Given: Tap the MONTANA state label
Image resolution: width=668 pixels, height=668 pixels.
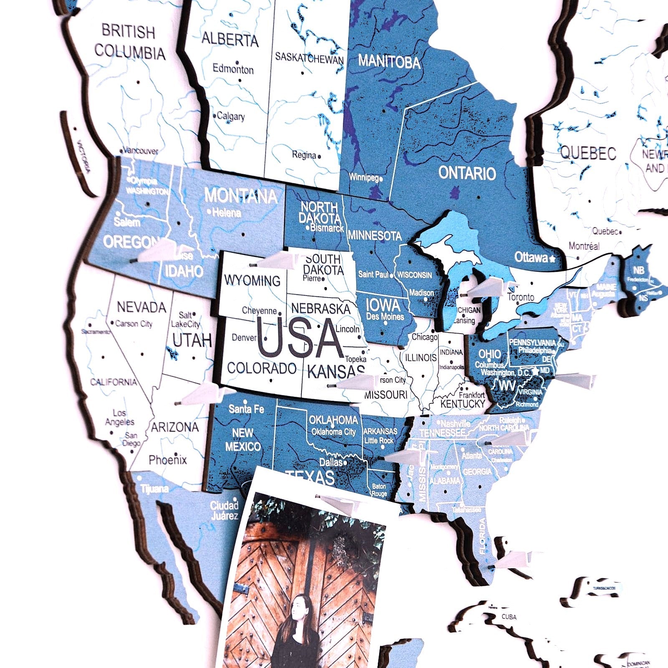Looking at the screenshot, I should coord(241,196).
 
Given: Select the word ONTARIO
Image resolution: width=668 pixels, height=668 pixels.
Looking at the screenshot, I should coord(467,173).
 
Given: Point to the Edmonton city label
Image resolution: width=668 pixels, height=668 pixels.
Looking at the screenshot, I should coord(233,69).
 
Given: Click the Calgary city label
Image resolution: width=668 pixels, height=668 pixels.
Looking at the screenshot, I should coord(230,116).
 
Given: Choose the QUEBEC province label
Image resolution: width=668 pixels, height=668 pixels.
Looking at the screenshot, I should coord(588,153).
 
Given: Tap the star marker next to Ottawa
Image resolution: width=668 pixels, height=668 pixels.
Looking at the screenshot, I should coord(553,259).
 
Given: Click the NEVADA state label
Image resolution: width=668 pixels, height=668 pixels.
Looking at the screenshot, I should coord(142,307).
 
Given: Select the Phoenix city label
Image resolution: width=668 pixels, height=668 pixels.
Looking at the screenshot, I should coord(168,460).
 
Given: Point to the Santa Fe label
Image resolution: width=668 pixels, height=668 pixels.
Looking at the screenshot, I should coord(246,409).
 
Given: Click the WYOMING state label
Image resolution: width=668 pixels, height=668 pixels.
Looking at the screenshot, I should coord(252,281).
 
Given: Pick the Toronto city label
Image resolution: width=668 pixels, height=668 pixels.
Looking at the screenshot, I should coord(521,297).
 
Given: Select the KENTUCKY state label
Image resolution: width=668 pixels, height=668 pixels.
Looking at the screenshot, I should coord(463,404).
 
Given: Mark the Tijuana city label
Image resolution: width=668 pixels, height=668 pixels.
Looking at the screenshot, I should coord(154,488).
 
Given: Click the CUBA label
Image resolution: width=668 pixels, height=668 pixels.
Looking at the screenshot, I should coord(509,617).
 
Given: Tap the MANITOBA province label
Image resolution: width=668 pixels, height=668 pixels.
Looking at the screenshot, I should coord(389,62).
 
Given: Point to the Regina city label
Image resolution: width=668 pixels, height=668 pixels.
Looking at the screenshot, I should coord(304,155).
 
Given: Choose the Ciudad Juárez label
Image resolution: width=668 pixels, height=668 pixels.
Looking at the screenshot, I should coord(224,511).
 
